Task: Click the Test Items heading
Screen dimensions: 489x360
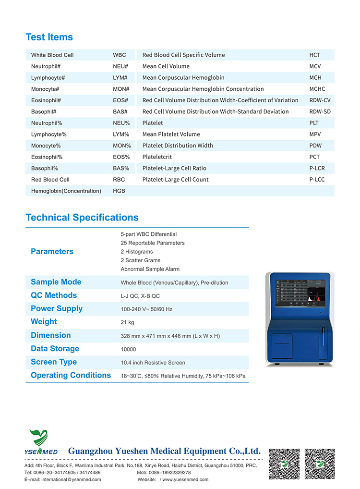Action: pyautogui.click(x=49, y=37)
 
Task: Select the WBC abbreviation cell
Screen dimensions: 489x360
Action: pyautogui.click(x=120, y=55)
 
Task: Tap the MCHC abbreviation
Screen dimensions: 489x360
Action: pyautogui.click(x=317, y=89)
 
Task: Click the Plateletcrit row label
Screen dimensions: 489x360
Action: pyautogui.click(x=157, y=157)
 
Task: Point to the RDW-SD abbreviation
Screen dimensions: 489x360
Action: pyautogui.click(x=320, y=111)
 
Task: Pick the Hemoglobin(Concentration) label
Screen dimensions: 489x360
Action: pyautogui.click(x=66, y=191)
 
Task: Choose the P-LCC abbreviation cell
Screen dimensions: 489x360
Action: pyautogui.click(x=317, y=180)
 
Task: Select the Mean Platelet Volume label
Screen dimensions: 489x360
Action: pyautogui.click(x=171, y=134)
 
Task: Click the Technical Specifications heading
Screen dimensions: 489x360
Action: pyautogui.click(x=82, y=218)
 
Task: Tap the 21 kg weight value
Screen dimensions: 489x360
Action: pyautogui.click(x=128, y=322)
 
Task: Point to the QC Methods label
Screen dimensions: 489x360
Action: pyautogui.click(x=54, y=295)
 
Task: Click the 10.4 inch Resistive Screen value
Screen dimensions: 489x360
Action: pyautogui.click(x=153, y=363)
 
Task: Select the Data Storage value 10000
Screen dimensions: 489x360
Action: pyautogui.click(x=129, y=349)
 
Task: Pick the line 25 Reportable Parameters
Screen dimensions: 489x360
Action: pyautogui.click(x=153, y=243)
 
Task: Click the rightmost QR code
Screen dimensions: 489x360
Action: pyautogui.click(x=320, y=464)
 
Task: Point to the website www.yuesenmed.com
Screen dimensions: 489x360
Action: pyautogui.click(x=185, y=479)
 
